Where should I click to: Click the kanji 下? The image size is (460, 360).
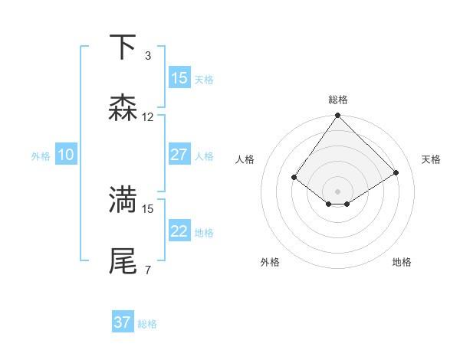tap(123, 47)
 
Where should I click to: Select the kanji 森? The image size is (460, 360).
tap(123, 108)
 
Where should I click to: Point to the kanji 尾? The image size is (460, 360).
tap(123, 260)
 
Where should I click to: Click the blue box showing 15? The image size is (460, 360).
tap(179, 78)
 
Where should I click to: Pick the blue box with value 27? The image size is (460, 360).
tap(179, 155)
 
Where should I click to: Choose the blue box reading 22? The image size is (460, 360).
tap(179, 231)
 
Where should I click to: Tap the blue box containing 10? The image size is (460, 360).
tap(66, 155)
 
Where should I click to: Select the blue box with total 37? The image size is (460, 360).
tap(123, 322)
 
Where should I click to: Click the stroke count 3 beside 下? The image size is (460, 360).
tap(147, 56)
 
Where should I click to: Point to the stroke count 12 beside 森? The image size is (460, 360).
tap(148, 117)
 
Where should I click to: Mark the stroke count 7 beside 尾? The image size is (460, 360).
tap(147, 270)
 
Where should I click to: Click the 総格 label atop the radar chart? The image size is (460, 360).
tap(338, 100)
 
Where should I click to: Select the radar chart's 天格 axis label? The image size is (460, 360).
tap(431, 159)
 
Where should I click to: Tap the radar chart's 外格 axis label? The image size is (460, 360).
tap(270, 262)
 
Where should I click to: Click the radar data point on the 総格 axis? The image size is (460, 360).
tap(338, 116)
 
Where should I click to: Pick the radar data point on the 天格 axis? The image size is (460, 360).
tap(396, 173)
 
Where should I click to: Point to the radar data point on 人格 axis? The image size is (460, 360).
tap(294, 178)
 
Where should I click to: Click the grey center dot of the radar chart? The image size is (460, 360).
tap(338, 191)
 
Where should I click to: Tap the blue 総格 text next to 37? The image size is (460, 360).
tap(147, 324)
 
